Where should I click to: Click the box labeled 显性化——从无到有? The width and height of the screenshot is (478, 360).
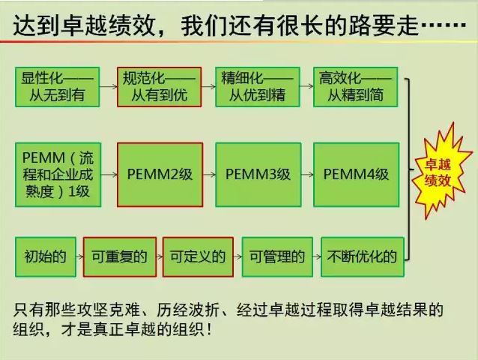[x=57, y=87]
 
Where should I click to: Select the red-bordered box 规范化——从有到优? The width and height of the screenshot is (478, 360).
[x=159, y=87]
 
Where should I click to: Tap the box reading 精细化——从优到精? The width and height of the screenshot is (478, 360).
[x=258, y=87]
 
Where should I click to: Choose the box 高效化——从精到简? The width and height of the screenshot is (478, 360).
[x=356, y=87]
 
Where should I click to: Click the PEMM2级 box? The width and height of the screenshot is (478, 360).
[x=160, y=175]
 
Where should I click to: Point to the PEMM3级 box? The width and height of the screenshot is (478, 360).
[x=258, y=175]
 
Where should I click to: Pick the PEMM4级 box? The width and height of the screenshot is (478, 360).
[x=357, y=175]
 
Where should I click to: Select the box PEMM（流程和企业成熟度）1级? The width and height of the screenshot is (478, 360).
[x=58, y=175]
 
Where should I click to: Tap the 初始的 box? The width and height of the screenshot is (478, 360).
[x=46, y=257]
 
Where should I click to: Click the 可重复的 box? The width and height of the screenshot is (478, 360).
[x=120, y=257]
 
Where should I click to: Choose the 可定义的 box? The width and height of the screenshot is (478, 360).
[x=198, y=257]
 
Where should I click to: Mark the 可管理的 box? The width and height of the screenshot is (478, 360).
[x=277, y=257]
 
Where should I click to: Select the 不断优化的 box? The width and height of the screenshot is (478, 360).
[x=363, y=257]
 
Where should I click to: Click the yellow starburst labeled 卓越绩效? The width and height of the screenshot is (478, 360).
[x=439, y=171]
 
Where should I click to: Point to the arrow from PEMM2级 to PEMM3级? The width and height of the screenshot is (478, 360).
[x=210, y=175]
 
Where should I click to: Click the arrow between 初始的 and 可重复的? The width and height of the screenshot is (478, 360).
[x=80, y=256]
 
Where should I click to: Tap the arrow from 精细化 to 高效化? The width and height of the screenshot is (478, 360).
[x=307, y=86]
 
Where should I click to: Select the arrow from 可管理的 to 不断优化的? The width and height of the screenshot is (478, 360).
[x=317, y=256]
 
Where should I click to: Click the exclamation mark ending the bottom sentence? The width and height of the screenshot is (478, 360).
[x=209, y=329]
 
